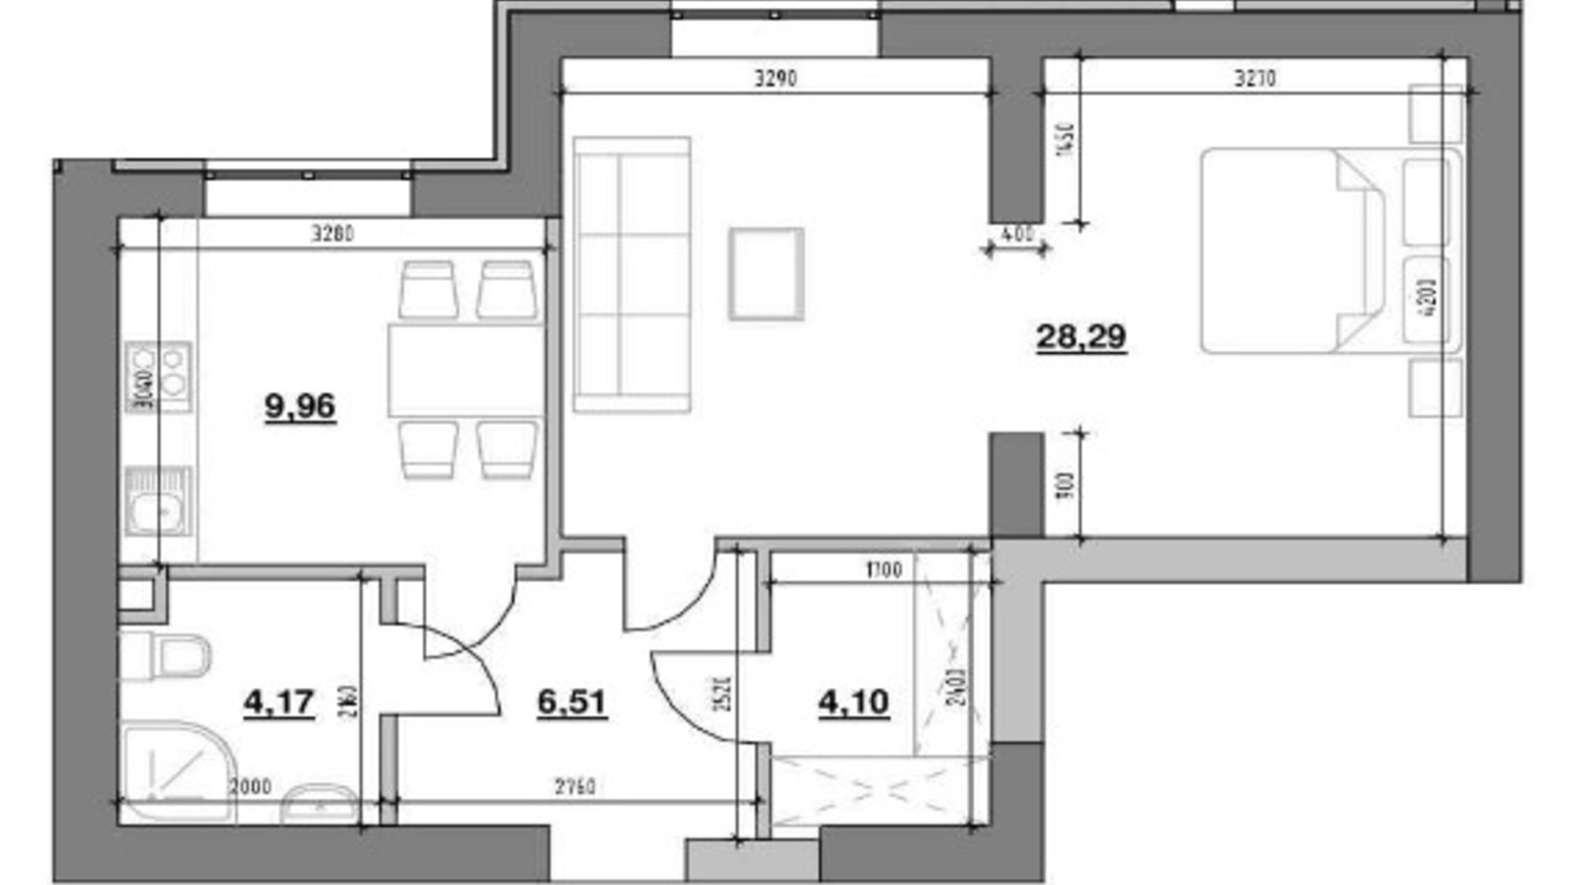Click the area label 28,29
pos(1081,337)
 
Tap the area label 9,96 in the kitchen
pos(299,406)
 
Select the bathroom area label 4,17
pos(278,703)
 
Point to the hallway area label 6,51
pos(572,702)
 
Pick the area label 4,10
pos(853,702)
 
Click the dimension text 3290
pos(775,78)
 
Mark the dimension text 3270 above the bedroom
pos(1254,78)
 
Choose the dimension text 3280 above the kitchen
pos(332,233)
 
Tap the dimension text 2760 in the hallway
pos(575,787)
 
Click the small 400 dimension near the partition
pos(1018,234)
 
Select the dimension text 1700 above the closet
pos(883,569)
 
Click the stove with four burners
pos(158,376)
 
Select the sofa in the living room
pos(631,274)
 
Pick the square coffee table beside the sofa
pos(766,274)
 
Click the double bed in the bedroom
pos(1302,251)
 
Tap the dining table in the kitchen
pos(465,370)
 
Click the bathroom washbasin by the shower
pos(319,804)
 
